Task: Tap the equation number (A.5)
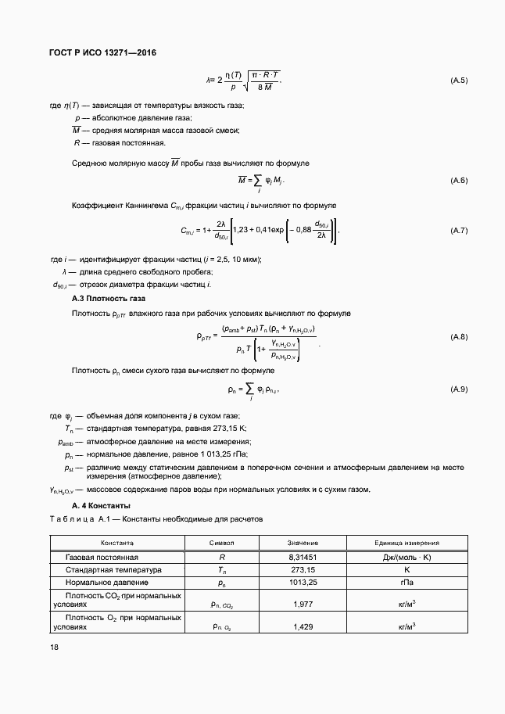pyautogui.click(x=458, y=81)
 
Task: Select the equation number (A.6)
pyautogui.click(x=458, y=181)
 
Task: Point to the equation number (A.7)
pyautogui.click(x=458, y=231)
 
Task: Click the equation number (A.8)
pyautogui.click(x=458, y=337)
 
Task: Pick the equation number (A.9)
pyautogui.click(x=458, y=389)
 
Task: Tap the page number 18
pyautogui.click(x=53, y=647)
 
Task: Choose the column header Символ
pyautogui.click(x=222, y=542)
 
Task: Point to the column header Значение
pyautogui.click(x=303, y=542)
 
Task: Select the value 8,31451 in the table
pyautogui.click(x=303, y=557)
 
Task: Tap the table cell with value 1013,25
pyautogui.click(x=303, y=583)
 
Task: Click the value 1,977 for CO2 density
pyautogui.click(x=303, y=605)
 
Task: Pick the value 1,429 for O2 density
pyautogui.click(x=303, y=626)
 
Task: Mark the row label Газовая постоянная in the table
pyautogui.click(x=102, y=557)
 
